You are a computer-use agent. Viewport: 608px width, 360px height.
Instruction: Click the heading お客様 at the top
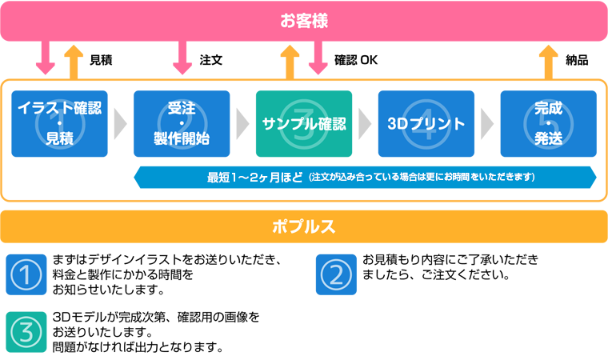click(304, 20)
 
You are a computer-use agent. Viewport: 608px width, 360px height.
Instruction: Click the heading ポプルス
click(303, 226)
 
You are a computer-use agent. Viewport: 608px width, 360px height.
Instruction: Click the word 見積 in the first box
click(60, 138)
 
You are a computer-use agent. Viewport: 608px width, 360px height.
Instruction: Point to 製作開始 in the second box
click(182, 138)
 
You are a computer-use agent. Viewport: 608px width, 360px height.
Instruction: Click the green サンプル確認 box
click(304, 124)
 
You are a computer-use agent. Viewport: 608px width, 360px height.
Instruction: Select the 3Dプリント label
click(426, 124)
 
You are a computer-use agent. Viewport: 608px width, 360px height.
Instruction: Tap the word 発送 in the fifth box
click(547, 138)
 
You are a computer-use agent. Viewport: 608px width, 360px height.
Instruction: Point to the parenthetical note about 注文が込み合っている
click(421, 177)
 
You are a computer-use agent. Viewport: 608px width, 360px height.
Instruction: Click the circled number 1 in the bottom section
click(26, 276)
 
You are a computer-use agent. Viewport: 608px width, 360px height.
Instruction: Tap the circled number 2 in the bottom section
click(335, 276)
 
